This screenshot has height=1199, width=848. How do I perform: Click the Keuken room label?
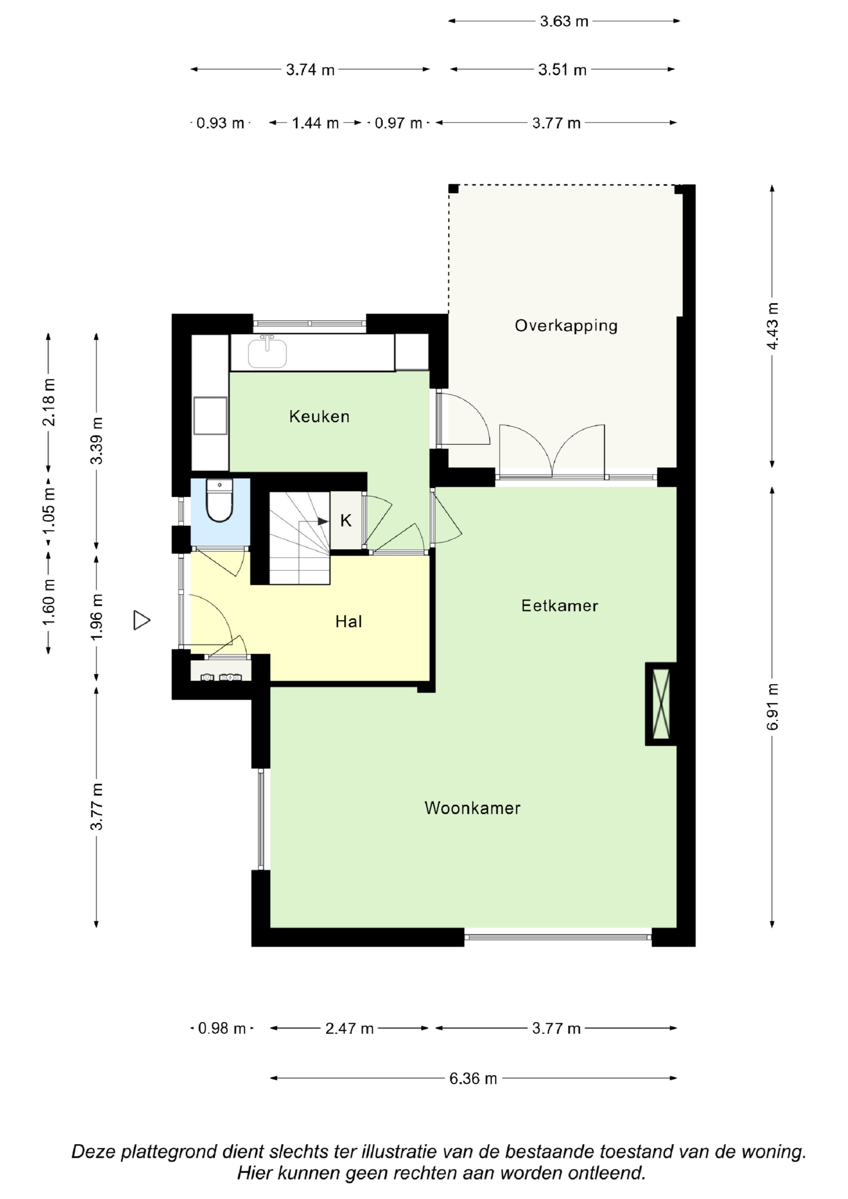(x=319, y=416)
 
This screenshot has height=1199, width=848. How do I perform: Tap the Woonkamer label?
(x=472, y=808)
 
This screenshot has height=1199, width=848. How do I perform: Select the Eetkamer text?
(x=560, y=605)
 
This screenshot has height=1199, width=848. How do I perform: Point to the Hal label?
(x=349, y=621)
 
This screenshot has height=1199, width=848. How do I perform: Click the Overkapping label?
(x=566, y=326)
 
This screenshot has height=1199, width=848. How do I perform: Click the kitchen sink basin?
(x=267, y=353)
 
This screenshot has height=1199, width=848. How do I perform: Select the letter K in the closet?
(x=346, y=520)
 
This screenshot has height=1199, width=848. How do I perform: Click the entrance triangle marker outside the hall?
(x=142, y=620)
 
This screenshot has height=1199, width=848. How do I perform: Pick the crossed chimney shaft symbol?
(x=661, y=704)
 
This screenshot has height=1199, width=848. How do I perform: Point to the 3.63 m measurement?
(x=564, y=22)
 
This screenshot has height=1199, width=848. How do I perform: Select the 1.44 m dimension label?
(x=315, y=123)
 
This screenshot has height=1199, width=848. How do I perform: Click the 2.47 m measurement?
(x=349, y=1028)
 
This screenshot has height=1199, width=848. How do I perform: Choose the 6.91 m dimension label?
(x=773, y=707)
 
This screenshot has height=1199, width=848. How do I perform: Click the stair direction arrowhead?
(x=324, y=521)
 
